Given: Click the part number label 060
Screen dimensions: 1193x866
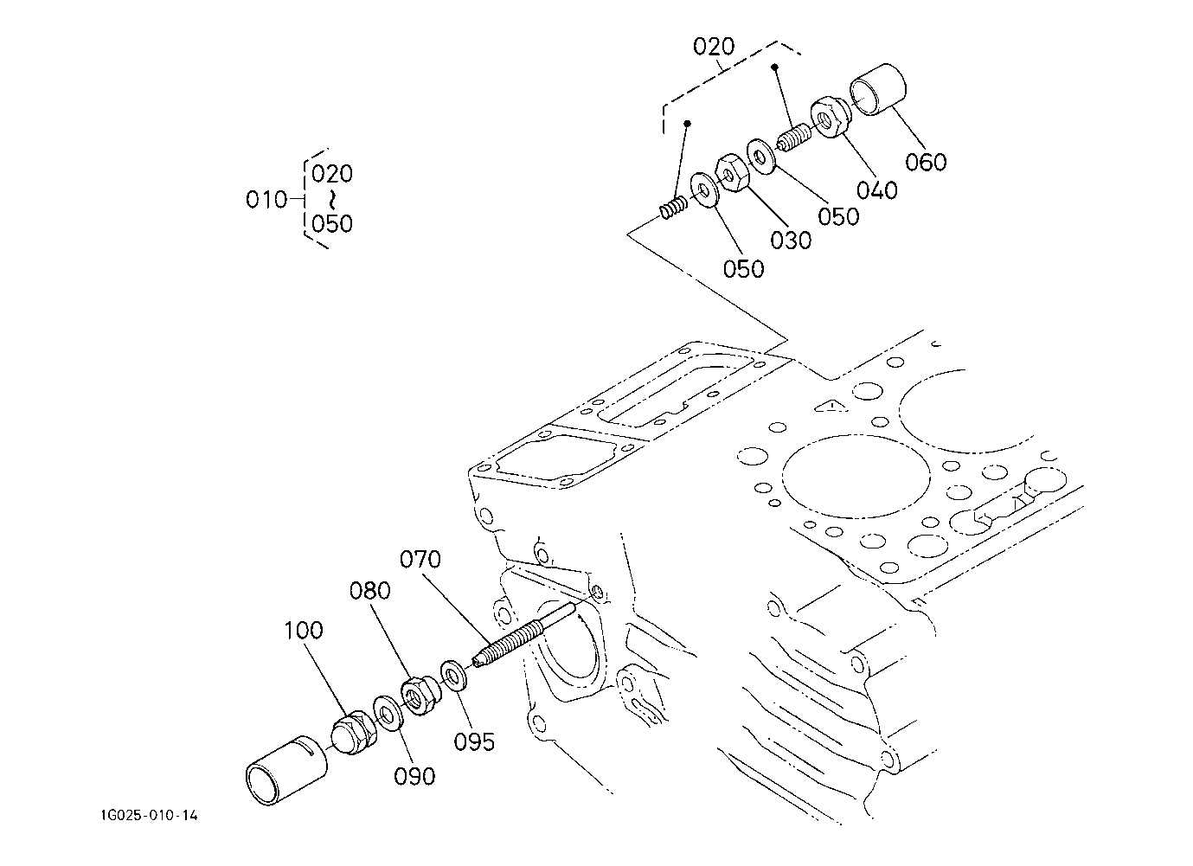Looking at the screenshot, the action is coord(926,162).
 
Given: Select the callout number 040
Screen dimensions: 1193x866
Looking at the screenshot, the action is coord(876,190).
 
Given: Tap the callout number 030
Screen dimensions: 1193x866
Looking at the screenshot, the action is coord(791,241).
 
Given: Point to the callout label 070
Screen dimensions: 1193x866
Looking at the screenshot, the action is coord(420,559).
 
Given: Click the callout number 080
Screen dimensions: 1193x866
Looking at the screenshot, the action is coord(369,591).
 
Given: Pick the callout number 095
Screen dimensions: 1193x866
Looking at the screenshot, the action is coord(474,742).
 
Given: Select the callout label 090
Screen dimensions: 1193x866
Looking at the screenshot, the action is coord(414,777).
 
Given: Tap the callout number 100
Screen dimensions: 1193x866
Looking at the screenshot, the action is coord(304,631).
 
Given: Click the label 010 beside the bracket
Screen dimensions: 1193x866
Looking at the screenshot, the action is coord(266,200).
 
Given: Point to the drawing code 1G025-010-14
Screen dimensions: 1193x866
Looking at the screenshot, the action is coord(149,816).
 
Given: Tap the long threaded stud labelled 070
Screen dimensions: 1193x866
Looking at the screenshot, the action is coord(524,635).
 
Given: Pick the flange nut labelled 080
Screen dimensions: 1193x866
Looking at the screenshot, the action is coord(421,696).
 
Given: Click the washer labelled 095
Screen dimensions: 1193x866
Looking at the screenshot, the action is coord(453,677).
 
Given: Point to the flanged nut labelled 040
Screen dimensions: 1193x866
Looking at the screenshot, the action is coord(830,117).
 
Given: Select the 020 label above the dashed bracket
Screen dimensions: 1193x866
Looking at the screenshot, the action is coord(714,47).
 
